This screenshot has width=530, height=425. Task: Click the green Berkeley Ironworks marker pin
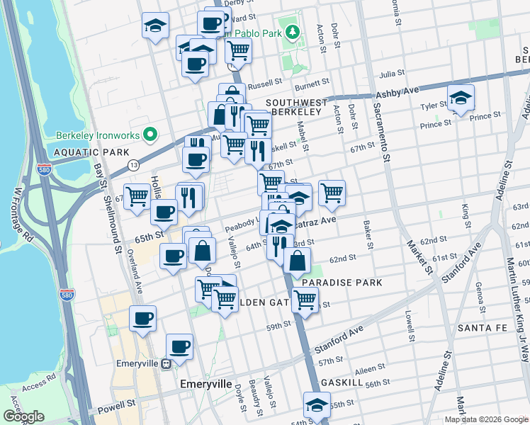pyautogui.click(x=150, y=133)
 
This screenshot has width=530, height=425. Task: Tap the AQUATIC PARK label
pyautogui.click(x=91, y=152)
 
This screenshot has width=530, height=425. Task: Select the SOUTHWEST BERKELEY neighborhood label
pyautogui.click(x=297, y=108)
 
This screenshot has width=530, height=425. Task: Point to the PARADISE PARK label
pyautogui.click(x=342, y=283)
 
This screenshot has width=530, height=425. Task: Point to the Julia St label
pyautogui.click(x=391, y=73)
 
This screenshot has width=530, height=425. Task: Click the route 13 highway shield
pyautogui.click(x=133, y=164)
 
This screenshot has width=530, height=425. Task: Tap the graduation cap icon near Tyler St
pyautogui.click(x=461, y=100)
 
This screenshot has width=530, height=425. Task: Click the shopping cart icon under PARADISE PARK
pyautogui.click(x=305, y=300)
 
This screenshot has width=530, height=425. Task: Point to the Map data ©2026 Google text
pyautogui.click(x=485, y=419)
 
